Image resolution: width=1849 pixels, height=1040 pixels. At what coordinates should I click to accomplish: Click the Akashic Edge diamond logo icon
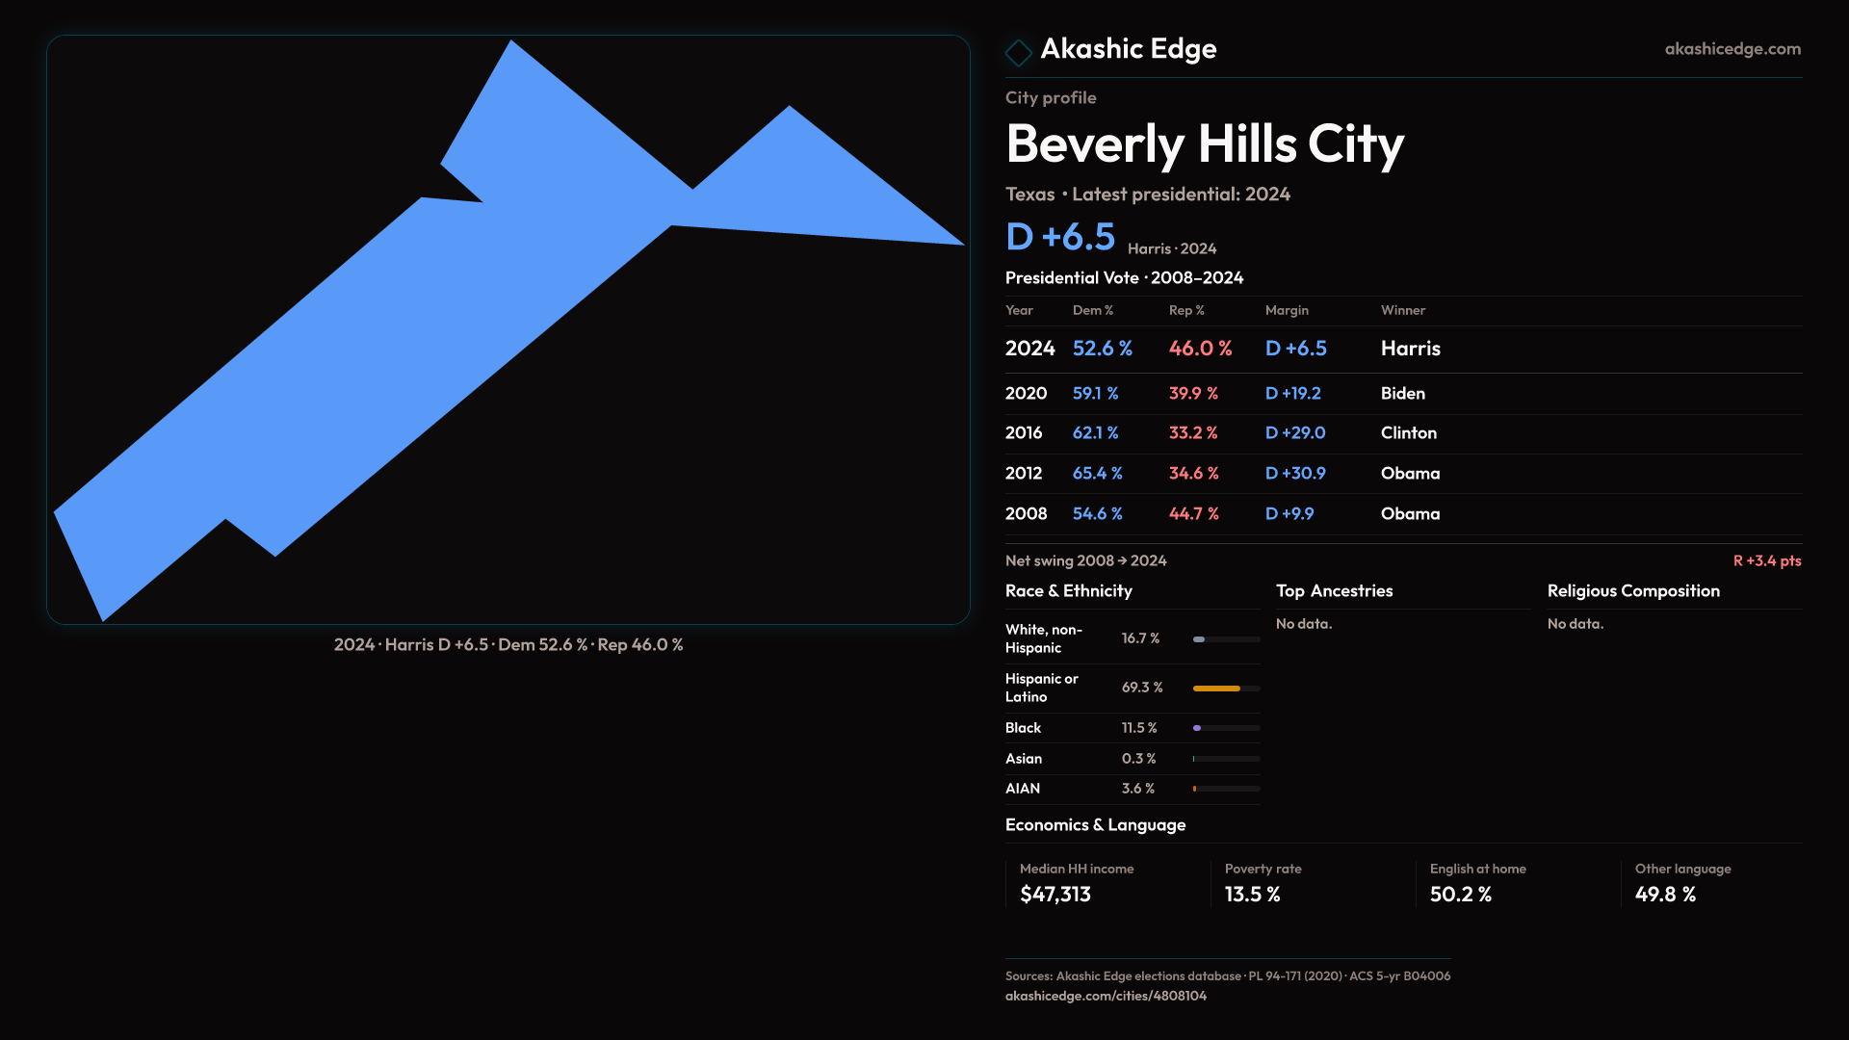(1018, 52)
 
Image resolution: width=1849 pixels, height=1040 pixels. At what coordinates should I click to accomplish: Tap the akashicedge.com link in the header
(1732, 49)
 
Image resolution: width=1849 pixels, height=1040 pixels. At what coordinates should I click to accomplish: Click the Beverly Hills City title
(1204, 144)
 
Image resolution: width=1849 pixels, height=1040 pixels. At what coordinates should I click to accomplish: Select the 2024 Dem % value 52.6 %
(1102, 349)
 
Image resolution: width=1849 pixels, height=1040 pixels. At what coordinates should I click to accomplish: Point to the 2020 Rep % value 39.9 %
(1193, 394)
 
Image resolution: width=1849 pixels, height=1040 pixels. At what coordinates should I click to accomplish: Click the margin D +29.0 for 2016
(1294, 433)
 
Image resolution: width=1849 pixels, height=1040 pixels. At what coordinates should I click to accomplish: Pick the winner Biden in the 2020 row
(1402, 394)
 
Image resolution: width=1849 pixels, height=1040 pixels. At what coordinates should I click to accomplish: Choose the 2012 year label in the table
(1023, 474)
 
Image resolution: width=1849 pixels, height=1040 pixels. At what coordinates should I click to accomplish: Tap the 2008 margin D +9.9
(1289, 514)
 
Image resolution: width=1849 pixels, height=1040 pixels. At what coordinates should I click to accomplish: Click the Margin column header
(1287, 311)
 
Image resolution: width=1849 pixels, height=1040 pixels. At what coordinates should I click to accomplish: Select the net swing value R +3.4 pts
(1766, 561)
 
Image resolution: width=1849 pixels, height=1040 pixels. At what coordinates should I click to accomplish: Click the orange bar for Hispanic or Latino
(1216, 689)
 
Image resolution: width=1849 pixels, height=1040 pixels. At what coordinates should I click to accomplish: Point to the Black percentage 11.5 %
(1138, 728)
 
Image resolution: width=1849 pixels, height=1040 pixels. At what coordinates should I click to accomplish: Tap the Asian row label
(1023, 759)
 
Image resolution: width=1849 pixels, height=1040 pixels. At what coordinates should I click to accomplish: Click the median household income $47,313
(1055, 895)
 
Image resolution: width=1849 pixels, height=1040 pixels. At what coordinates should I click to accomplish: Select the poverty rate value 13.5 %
(1252, 895)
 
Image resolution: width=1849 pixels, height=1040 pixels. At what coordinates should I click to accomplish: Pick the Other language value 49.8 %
(1664, 895)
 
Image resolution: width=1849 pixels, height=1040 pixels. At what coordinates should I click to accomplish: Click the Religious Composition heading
(1632, 591)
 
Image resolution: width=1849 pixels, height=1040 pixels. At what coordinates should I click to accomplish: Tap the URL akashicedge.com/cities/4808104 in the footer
(1105, 996)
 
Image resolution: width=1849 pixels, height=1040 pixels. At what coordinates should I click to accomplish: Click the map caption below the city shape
(508, 645)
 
